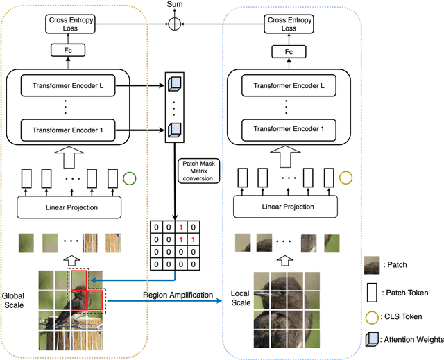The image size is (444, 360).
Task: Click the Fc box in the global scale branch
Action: pyautogui.click(x=67, y=50)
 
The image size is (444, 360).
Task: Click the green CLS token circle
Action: pyautogui.click(x=130, y=179)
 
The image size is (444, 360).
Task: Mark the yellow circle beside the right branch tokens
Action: pyautogui.click(x=347, y=179)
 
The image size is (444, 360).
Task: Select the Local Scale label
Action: pyautogui.click(x=240, y=299)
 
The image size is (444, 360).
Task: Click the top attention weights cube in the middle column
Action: pyautogui.click(x=175, y=83)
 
